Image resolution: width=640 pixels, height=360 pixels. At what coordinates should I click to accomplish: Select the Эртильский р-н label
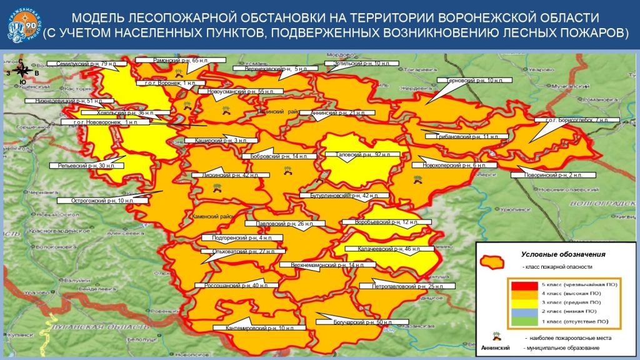tap(353, 64)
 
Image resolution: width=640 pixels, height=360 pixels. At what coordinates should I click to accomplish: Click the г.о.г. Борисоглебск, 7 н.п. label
tap(581, 120)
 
